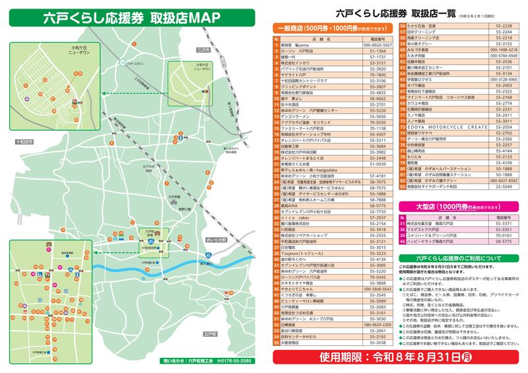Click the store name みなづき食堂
422,50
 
